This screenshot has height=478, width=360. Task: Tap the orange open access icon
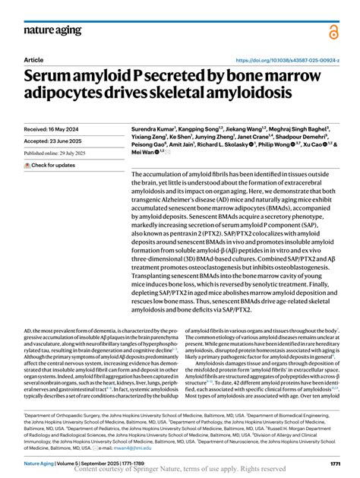tap(335, 32)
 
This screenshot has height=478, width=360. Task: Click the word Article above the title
tap(34, 59)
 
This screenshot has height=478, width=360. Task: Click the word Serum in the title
tap(57, 77)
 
